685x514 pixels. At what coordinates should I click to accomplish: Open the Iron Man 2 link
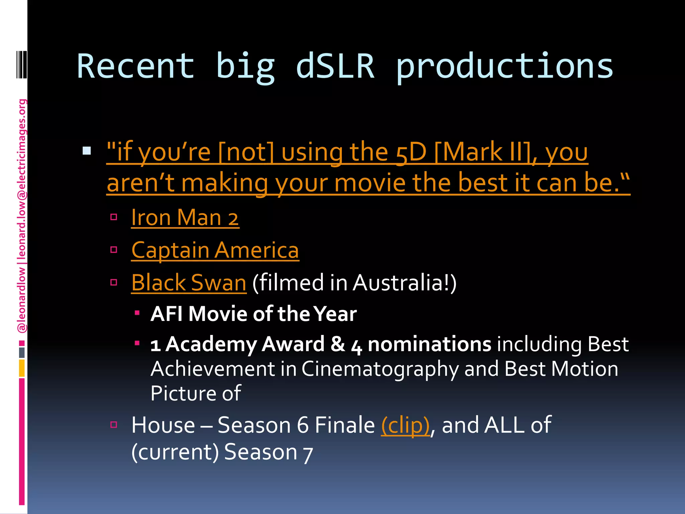pos(185,218)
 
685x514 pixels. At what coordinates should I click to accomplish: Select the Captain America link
pos(215,250)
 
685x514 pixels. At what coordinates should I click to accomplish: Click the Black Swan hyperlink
pos(189,282)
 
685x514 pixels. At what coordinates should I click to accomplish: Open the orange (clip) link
pos(405,425)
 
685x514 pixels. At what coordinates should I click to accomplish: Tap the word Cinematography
pos(380,369)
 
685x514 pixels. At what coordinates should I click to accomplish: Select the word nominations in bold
pos(429,344)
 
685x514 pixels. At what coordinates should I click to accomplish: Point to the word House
pos(163,425)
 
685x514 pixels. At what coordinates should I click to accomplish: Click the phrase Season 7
pos(268,452)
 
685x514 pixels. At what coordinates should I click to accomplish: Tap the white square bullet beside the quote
pos(87,151)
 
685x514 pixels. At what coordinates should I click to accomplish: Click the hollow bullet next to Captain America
pos(114,250)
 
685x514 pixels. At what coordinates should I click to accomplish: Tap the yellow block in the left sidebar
pos(22,368)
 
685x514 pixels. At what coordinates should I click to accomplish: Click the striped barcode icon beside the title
pos(22,64)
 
